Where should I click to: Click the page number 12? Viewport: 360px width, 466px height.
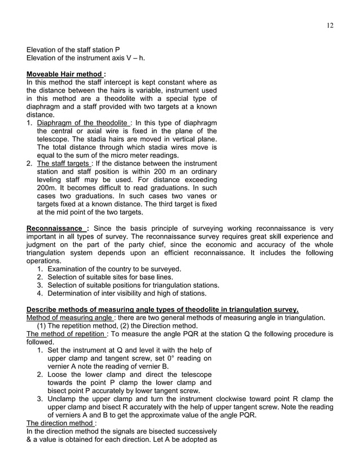click(330, 24)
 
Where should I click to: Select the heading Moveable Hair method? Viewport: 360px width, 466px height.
click(64, 74)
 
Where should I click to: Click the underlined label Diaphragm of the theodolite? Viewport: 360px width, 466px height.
click(82, 123)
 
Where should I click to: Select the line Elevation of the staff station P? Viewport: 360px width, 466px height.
click(73, 50)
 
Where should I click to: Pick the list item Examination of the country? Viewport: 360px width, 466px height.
click(114, 269)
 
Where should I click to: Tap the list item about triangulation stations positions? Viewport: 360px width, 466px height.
click(133, 285)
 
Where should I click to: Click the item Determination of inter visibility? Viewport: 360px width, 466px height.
click(127, 293)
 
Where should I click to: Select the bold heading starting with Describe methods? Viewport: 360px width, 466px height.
click(163, 310)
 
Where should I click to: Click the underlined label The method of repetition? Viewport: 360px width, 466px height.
click(66, 333)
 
